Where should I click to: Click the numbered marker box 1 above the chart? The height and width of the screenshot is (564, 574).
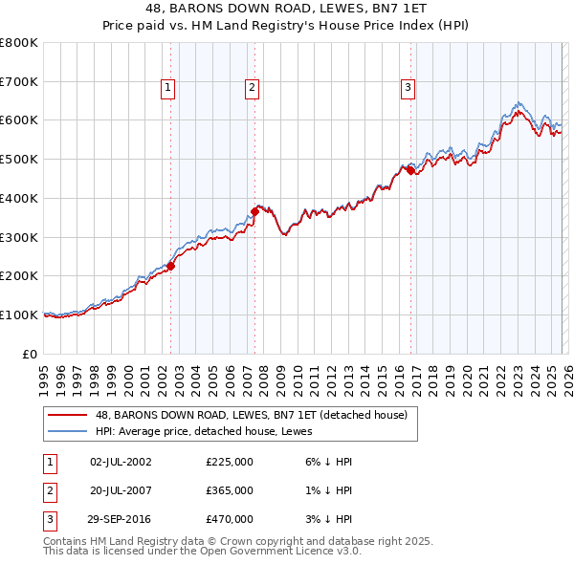[x=168, y=89]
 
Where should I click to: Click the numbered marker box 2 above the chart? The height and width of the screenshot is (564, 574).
[x=252, y=89]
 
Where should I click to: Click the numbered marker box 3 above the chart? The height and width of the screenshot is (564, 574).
[x=408, y=89]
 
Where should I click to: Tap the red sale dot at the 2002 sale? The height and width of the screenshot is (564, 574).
[x=171, y=266]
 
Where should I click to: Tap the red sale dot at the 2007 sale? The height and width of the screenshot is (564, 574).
[x=255, y=211]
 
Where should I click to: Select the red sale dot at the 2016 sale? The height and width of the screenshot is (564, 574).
[x=410, y=170]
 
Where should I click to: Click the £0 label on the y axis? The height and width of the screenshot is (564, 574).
[x=31, y=354]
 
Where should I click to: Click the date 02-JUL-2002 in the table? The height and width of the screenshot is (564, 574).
[x=121, y=462]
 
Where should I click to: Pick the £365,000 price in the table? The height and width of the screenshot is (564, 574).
[x=230, y=490]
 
